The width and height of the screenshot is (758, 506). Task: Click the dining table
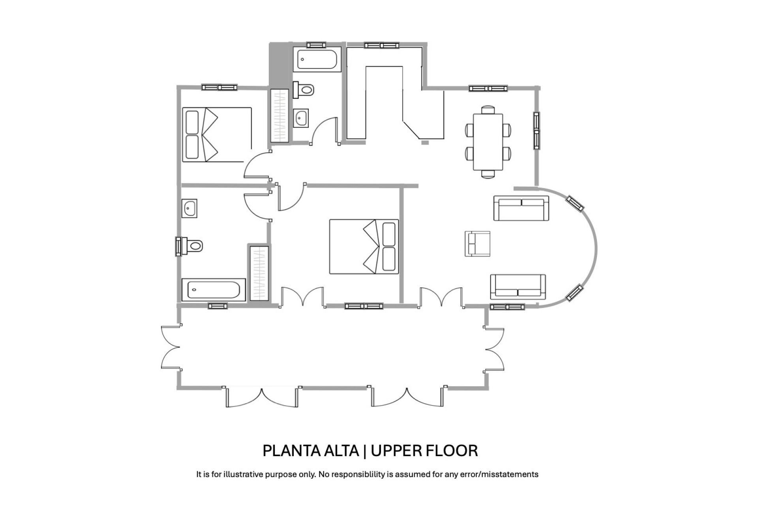click(x=488, y=142)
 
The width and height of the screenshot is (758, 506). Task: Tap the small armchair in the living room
click(x=478, y=244)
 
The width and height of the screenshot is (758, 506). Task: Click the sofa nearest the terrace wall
click(x=518, y=287)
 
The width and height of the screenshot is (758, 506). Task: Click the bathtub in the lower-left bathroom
click(x=214, y=290)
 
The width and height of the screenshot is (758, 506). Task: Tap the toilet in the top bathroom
click(x=304, y=90)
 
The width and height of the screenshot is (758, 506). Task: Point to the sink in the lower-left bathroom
click(x=190, y=208)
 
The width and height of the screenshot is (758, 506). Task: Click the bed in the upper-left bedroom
click(x=217, y=134)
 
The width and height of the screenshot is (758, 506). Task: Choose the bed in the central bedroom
click(x=364, y=246)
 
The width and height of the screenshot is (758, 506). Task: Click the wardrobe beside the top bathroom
click(x=280, y=115)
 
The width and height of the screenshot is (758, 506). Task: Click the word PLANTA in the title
click(x=291, y=451)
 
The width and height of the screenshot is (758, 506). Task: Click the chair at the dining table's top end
click(x=488, y=110)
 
